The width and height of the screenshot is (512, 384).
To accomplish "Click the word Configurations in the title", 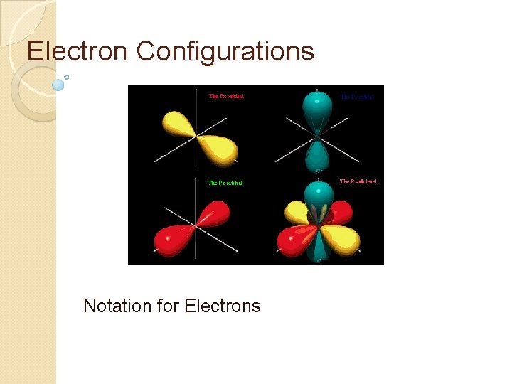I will click(225, 51).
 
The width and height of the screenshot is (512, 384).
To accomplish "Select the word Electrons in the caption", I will click(223, 306).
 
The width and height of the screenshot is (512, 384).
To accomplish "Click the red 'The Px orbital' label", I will click(226, 96).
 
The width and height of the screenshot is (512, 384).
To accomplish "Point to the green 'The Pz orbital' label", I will click(225, 183).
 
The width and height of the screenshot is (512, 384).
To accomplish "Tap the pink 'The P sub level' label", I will click(358, 181).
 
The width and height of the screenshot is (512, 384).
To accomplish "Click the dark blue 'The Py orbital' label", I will click(357, 96).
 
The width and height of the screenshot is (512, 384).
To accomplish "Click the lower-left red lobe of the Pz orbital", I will click(174, 239).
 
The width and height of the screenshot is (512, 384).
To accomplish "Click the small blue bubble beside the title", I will click(58, 85).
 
